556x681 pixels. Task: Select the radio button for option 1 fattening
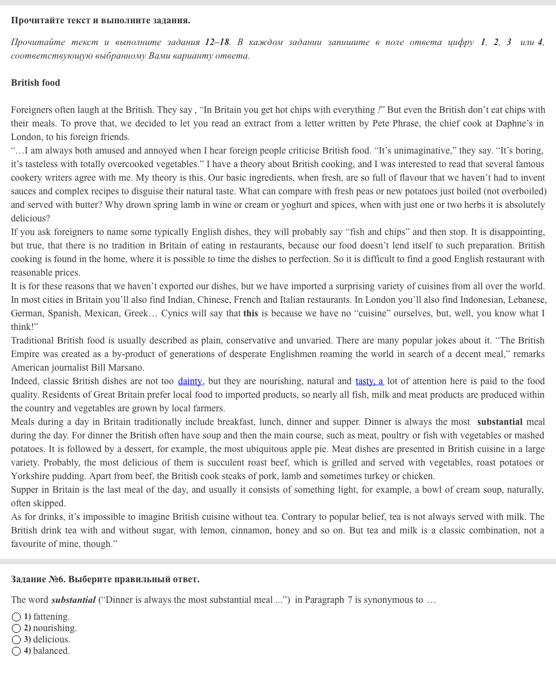tap(16, 617)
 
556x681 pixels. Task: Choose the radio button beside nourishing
tap(16, 628)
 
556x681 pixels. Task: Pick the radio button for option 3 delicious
tap(16, 640)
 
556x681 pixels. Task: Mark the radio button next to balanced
tap(16, 651)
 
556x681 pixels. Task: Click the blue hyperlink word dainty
tap(190, 381)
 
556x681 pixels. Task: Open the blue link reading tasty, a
tap(369, 381)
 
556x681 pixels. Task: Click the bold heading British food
tap(35, 83)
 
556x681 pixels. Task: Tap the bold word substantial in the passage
tap(500, 422)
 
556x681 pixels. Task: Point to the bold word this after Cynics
tap(250, 314)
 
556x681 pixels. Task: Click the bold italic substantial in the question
tap(73, 600)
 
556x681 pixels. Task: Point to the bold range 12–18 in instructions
tap(217, 42)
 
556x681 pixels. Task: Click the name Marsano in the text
tap(125, 368)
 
